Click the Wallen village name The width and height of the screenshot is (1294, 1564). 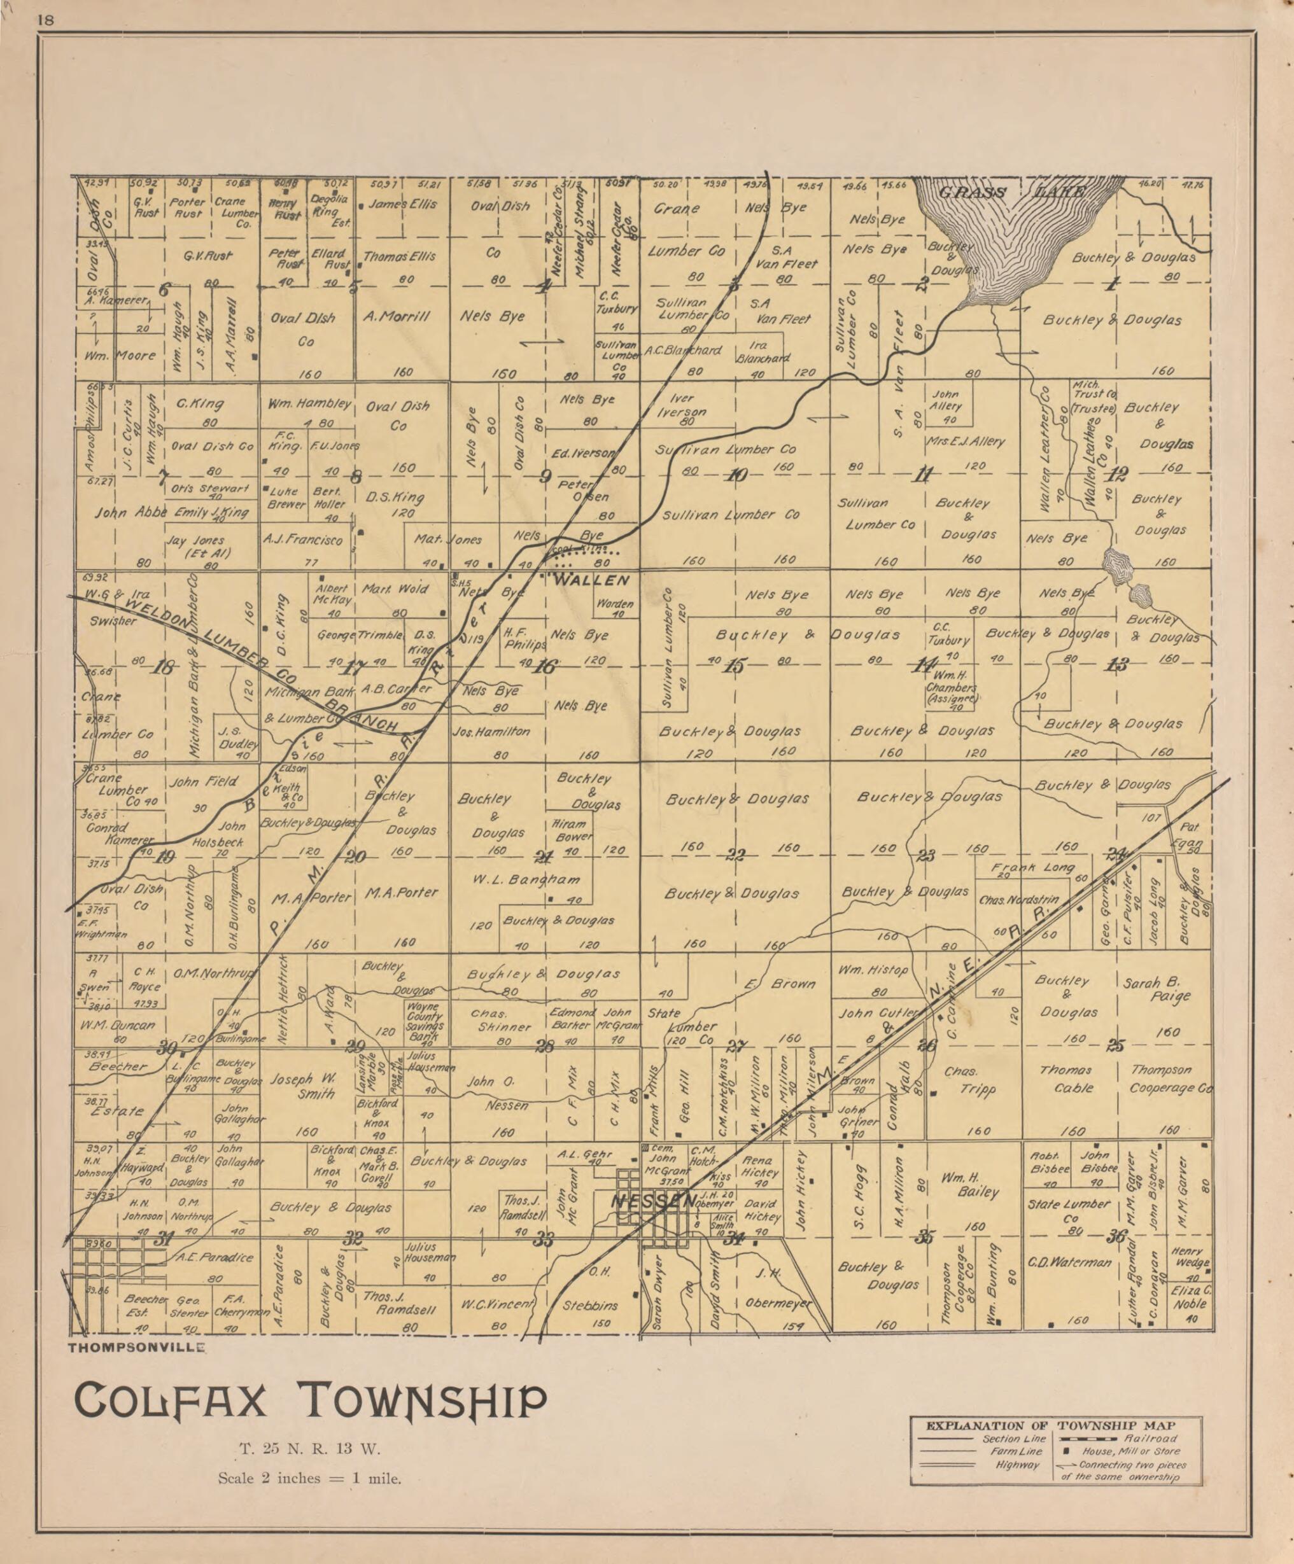tap(592, 580)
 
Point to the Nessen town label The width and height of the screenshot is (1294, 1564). tap(651, 1201)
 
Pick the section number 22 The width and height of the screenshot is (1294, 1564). tap(735, 855)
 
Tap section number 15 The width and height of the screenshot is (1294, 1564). tap(734, 667)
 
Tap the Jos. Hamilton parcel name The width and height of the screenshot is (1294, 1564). tap(491, 732)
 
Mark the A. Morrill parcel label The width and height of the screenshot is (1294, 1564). tap(397, 316)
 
